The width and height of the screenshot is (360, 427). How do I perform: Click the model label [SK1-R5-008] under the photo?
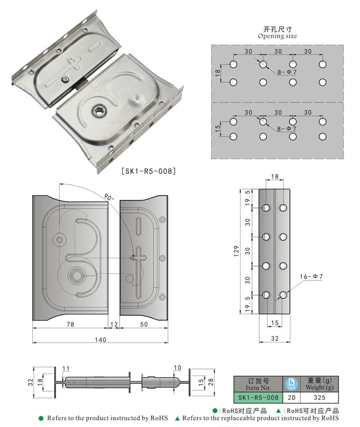[149, 171]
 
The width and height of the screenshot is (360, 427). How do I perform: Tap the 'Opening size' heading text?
[277, 36]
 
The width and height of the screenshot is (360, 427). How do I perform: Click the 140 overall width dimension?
[100, 340]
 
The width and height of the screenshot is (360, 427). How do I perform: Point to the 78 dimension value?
[70, 324]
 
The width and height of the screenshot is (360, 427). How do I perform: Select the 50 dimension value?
[144, 324]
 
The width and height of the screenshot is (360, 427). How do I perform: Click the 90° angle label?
[108, 197]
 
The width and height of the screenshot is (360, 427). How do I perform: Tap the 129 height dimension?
[236, 251]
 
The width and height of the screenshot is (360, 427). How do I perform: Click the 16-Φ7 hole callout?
[312, 277]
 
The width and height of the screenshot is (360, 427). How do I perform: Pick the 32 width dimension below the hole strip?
[275, 338]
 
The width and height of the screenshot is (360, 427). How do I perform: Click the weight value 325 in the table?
[320, 398]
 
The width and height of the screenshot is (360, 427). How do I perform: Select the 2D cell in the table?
[292, 398]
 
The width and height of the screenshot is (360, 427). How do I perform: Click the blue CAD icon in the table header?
[291, 384]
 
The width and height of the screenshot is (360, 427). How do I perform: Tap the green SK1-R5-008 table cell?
[258, 398]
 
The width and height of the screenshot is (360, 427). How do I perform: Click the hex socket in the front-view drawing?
[76, 276]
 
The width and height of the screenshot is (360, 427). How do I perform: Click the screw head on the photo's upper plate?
[66, 79]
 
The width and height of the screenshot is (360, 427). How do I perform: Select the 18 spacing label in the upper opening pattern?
[217, 73]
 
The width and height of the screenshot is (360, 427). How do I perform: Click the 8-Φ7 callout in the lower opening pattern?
[287, 129]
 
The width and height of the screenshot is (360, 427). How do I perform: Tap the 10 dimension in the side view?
[178, 367]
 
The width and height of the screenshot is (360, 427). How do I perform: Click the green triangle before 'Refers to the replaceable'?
[177, 418]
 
